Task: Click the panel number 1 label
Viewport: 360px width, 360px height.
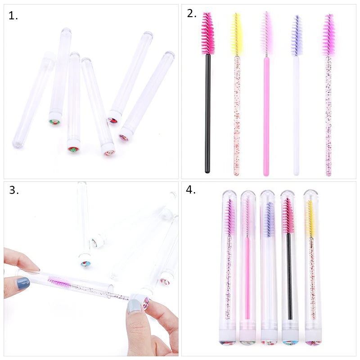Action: point(13,16)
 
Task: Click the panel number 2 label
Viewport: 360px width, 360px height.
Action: point(192,13)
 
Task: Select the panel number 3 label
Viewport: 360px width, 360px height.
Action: point(14,190)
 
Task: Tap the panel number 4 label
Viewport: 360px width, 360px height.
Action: point(191,189)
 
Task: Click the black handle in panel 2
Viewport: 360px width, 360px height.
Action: point(207,112)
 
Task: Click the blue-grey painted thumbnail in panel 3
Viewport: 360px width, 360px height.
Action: point(22,283)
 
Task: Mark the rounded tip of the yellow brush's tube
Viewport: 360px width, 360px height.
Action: point(310,193)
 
